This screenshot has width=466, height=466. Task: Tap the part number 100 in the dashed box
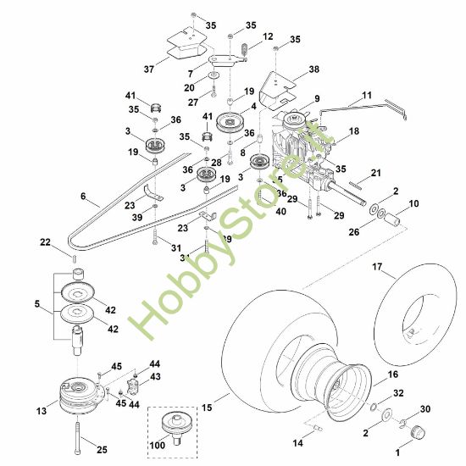(158, 445)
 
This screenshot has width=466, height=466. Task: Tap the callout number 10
(413, 203)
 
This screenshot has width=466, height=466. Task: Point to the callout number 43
(155, 375)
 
